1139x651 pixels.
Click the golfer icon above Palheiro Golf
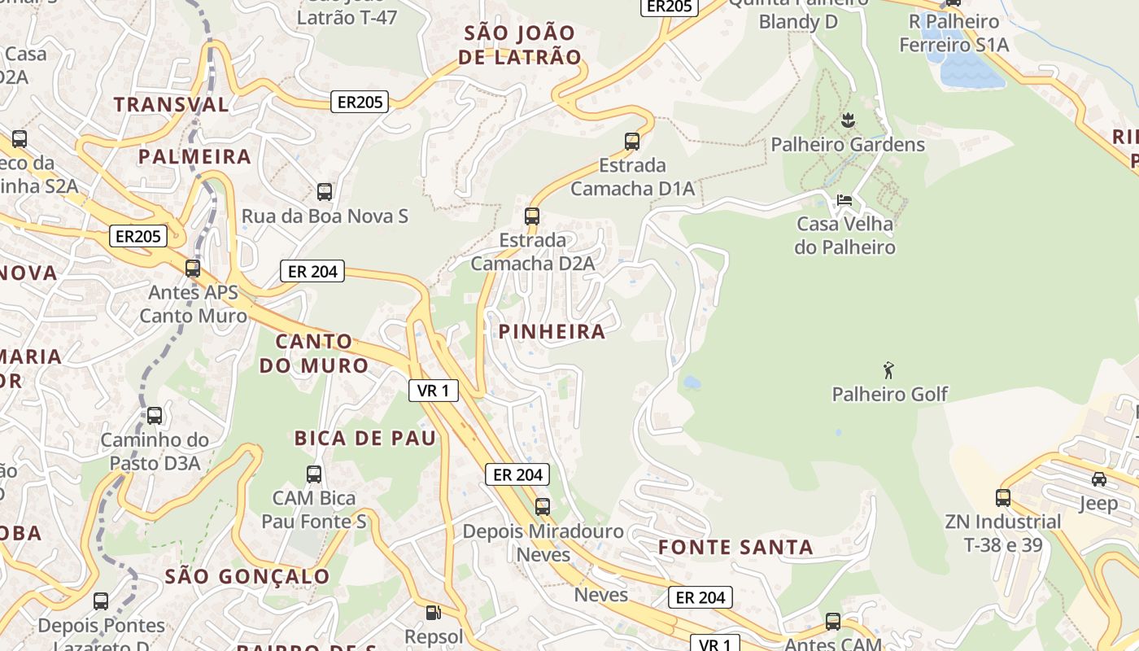pyautogui.click(x=888, y=370)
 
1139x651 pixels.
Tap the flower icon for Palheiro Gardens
pyautogui.click(x=848, y=120)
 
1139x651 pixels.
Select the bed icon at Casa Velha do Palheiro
pyautogui.click(x=844, y=199)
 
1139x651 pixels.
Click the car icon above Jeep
pyautogui.click(x=1098, y=479)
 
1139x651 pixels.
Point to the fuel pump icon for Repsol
pyautogui.click(x=434, y=612)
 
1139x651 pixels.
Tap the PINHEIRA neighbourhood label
pyautogui.click(x=552, y=331)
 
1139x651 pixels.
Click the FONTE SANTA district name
pyautogui.click(x=735, y=547)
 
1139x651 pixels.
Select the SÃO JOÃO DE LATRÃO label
pyautogui.click(x=520, y=45)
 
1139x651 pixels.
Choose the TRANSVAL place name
pyautogui.click(x=172, y=104)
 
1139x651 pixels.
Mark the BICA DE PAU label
pyautogui.click(x=365, y=438)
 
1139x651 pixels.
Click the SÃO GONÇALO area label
pyautogui.click(x=247, y=577)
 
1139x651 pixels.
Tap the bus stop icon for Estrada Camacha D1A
pyautogui.click(x=632, y=141)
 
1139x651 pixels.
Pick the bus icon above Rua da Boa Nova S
pyautogui.click(x=325, y=192)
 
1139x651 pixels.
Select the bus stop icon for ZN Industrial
pyautogui.click(x=1003, y=497)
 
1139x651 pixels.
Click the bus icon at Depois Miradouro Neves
pyautogui.click(x=543, y=507)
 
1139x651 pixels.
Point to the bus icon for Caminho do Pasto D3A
pyautogui.click(x=155, y=416)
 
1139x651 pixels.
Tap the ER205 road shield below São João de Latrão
pyautogui.click(x=360, y=102)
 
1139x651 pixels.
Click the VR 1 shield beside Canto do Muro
pyautogui.click(x=433, y=391)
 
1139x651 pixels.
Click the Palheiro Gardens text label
pyautogui.click(x=848, y=145)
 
